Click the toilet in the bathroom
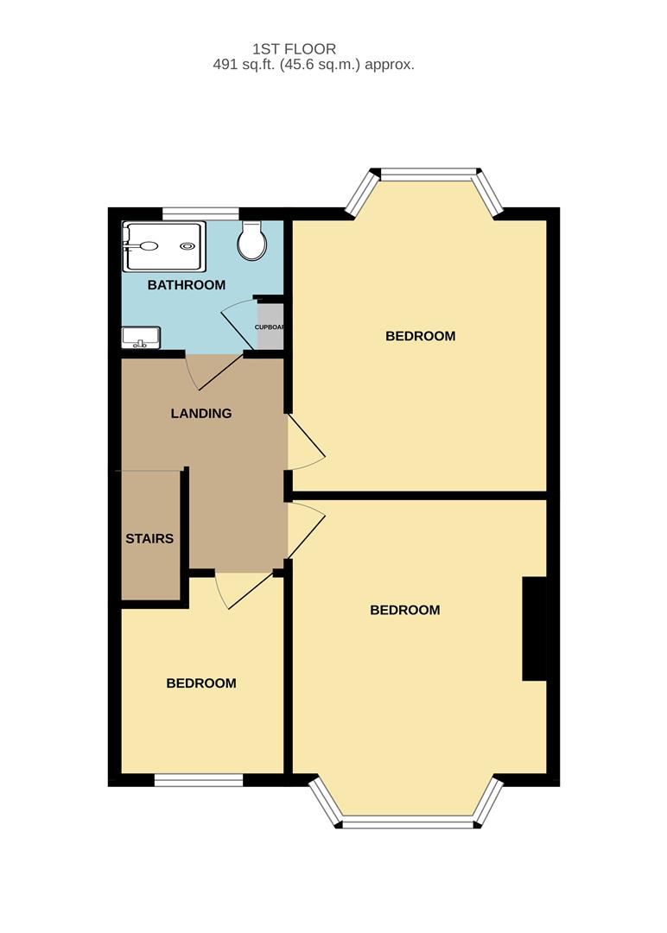[252, 242]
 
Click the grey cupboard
[270, 327]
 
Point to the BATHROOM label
[186, 285]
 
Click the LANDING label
[201, 414]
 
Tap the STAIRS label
[149, 539]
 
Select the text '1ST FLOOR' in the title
[294, 49]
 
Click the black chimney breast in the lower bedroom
[534, 628]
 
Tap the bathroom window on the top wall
[200, 212]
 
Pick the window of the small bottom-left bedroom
[199, 780]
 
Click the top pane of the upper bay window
[426, 175]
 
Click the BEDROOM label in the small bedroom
[201, 683]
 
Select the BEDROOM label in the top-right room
[420, 336]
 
